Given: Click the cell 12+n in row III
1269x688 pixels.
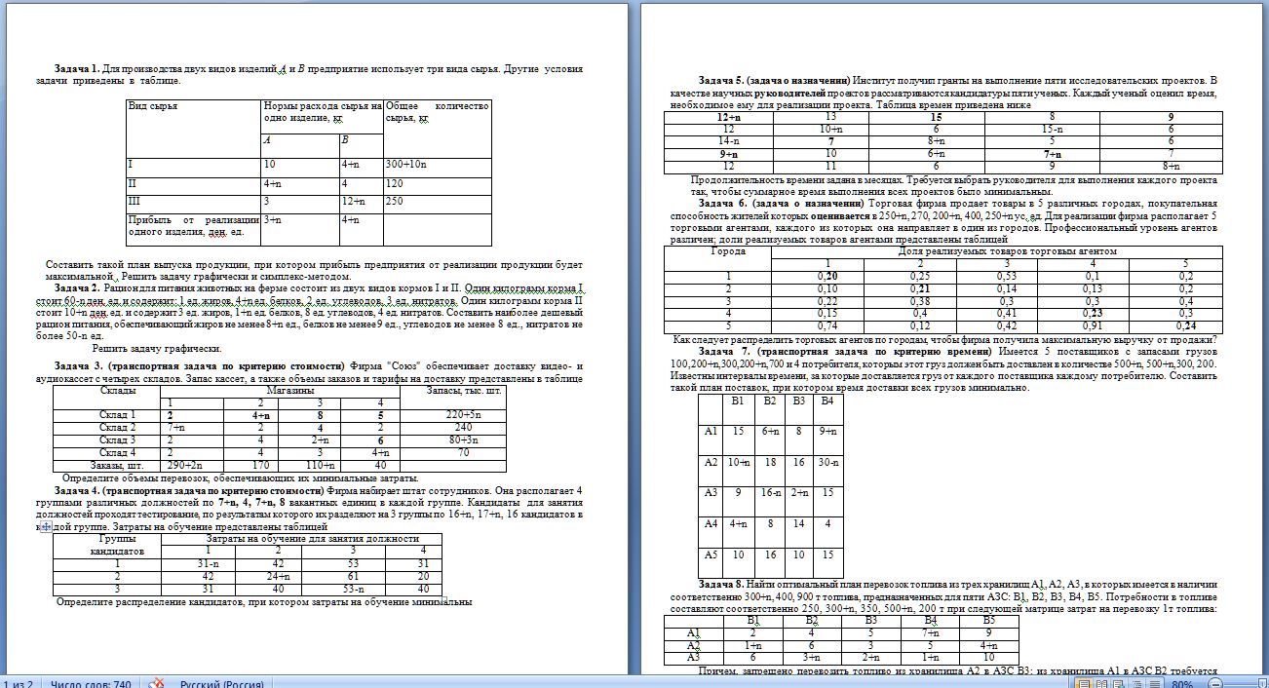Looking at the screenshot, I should tap(352, 201).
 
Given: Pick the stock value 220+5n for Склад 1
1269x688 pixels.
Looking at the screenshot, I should tap(457, 414).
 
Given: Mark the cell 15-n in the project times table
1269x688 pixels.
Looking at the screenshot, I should tap(1051, 129).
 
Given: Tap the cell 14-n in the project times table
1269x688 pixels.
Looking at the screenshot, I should tap(728, 141).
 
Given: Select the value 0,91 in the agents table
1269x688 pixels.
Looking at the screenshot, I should tap(1092, 326).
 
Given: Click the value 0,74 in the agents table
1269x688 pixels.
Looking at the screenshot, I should tap(827, 326).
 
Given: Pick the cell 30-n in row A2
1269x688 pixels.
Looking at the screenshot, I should tap(828, 462).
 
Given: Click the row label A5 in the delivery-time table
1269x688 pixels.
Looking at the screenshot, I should tap(711, 555).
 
